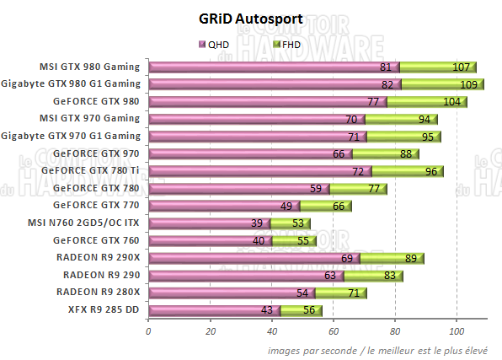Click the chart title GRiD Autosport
click(252, 19)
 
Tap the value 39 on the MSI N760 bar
click(256, 223)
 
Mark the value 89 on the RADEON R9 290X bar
click(411, 258)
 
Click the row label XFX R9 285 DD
click(104, 309)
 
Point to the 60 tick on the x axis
click(333, 331)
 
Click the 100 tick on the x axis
click(456, 331)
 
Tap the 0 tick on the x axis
click(148, 331)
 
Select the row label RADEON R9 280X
click(99, 292)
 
